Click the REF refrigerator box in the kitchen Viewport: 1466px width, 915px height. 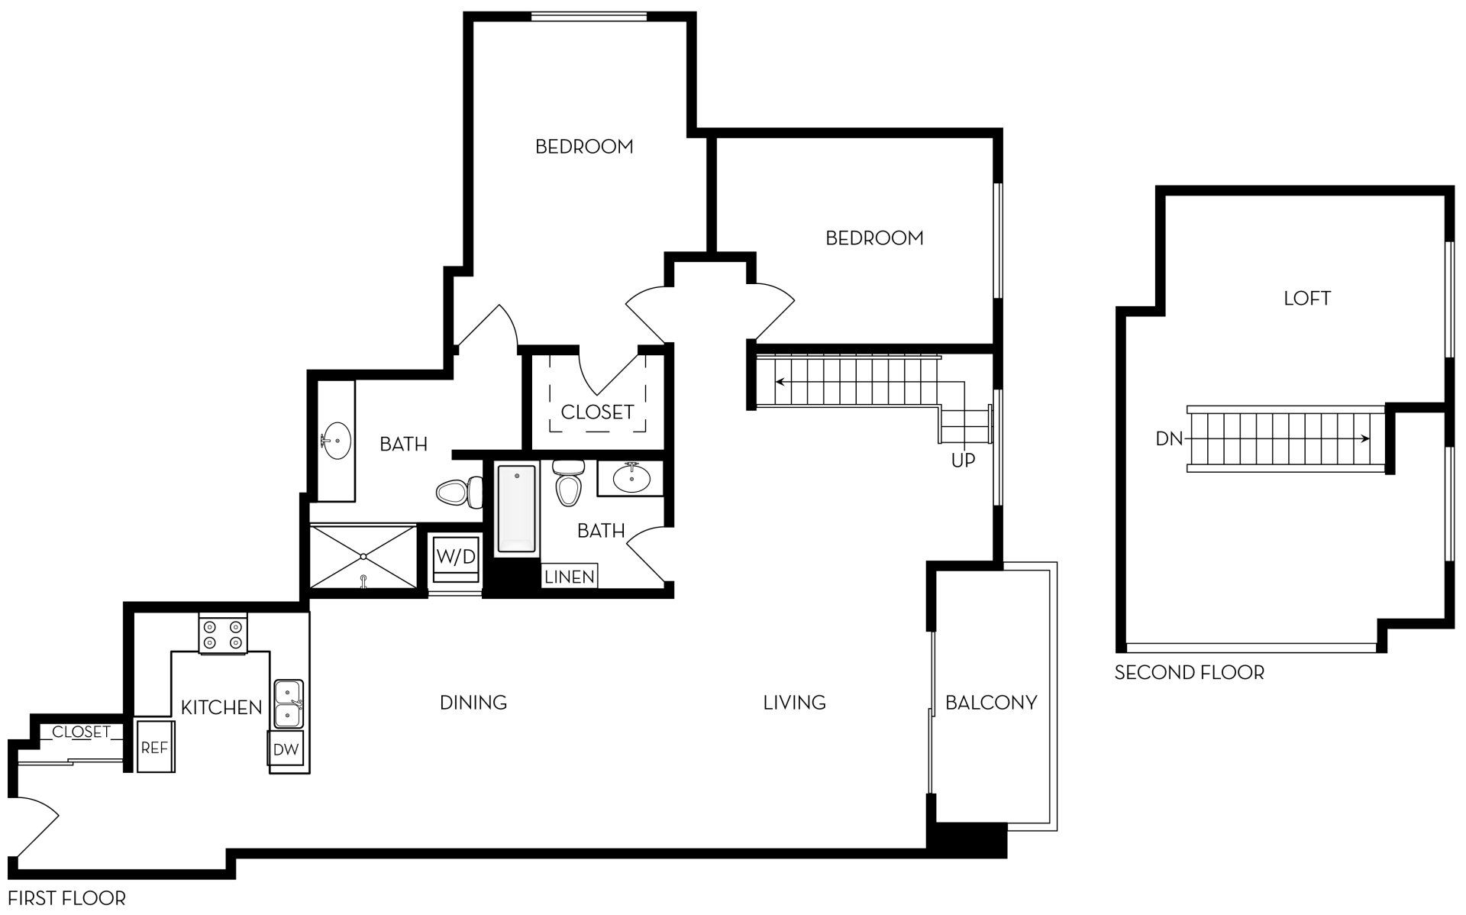(155, 746)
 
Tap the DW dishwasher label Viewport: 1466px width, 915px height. (286, 749)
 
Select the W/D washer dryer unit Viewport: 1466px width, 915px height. (457, 556)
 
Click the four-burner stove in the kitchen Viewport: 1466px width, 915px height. (223, 634)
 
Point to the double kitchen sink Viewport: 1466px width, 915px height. (289, 703)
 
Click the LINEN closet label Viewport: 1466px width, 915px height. (570, 577)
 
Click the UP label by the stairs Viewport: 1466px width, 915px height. (963, 461)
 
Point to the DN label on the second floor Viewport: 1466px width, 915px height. (1169, 439)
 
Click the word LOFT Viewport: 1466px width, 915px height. (1306, 299)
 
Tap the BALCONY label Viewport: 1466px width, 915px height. (990, 702)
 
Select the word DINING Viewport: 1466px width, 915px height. (473, 702)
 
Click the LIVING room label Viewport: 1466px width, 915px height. (794, 702)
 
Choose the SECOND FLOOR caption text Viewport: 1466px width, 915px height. (1189, 673)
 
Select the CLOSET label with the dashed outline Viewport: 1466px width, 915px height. (597, 412)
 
